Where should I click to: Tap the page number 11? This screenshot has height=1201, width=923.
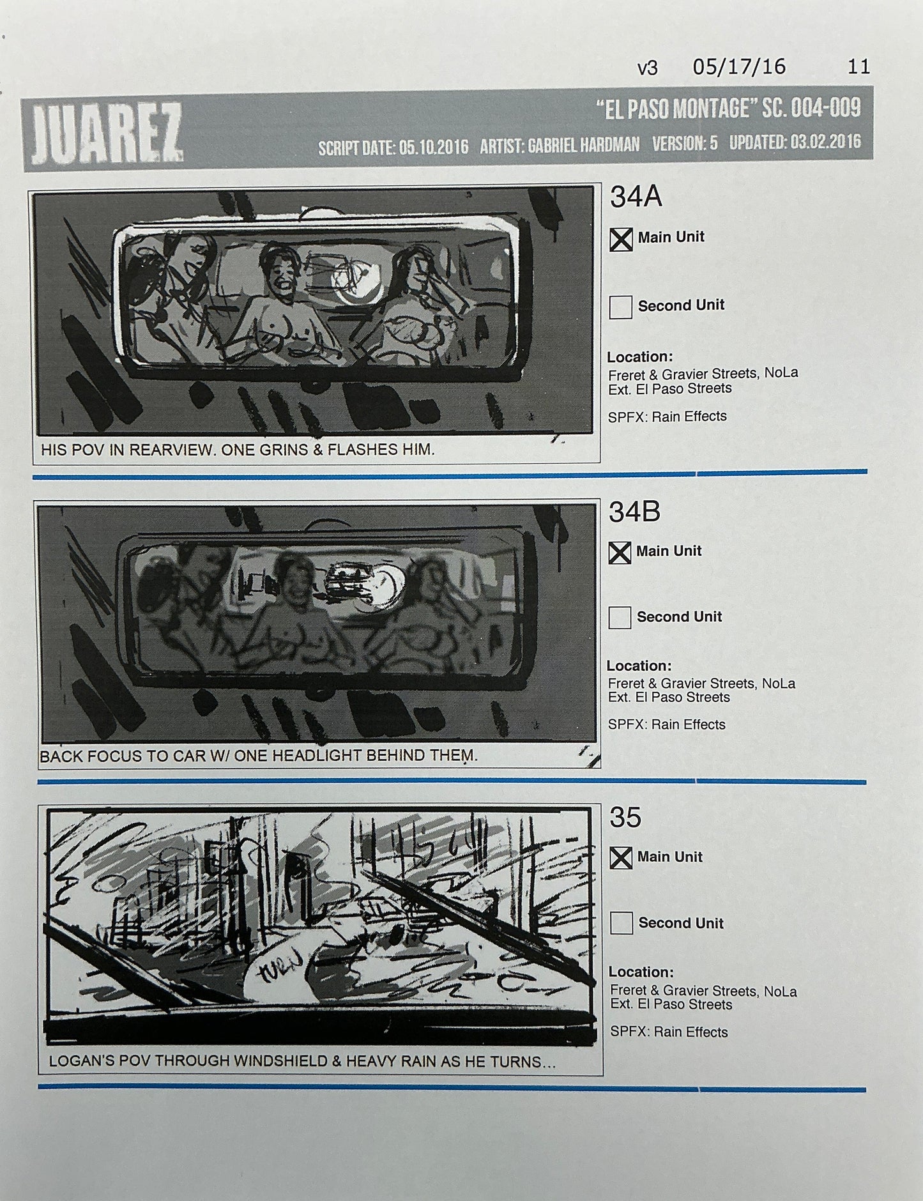[x=858, y=67]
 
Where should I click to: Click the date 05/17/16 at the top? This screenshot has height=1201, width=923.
[x=739, y=67]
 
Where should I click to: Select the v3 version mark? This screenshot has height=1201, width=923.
[x=647, y=68]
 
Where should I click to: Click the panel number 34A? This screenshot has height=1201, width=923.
[x=636, y=197]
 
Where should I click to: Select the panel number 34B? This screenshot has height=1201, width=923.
[x=634, y=512]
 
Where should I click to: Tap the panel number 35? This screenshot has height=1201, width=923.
[x=625, y=818]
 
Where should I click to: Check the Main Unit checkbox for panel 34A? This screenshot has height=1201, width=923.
[x=621, y=240]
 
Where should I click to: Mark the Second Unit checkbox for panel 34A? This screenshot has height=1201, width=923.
[x=621, y=307]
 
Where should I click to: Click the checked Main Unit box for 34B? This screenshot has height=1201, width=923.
[x=620, y=553]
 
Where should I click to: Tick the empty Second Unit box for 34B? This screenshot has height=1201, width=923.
[x=620, y=618]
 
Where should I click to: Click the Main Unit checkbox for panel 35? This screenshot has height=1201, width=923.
[x=621, y=858]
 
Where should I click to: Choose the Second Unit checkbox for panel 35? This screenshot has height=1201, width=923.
[x=622, y=924]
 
